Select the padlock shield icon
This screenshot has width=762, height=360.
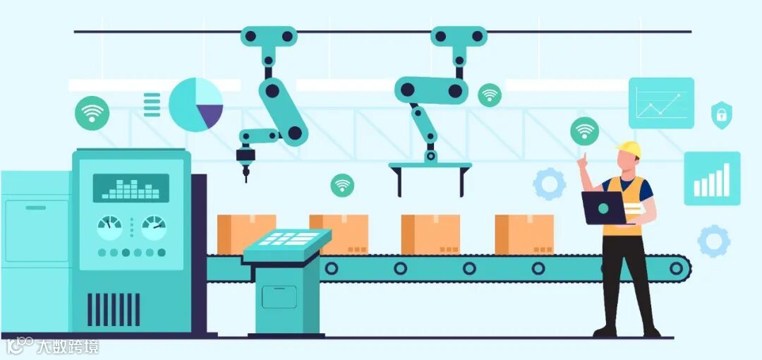pyautogui.click(x=721, y=114)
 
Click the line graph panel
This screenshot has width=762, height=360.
pyautogui.click(x=661, y=103)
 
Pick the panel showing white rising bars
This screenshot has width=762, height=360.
pyautogui.click(x=712, y=179)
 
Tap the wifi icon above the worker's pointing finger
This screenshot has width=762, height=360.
pyautogui.click(x=584, y=131)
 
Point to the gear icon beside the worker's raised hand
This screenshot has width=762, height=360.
pyautogui.click(x=549, y=184)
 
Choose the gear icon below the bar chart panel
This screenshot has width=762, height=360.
pyautogui.click(x=713, y=241)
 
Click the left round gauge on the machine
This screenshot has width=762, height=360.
pyautogui.click(x=109, y=227)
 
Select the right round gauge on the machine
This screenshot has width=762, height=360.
pyautogui.click(x=154, y=227)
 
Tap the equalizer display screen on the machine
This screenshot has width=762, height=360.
pyautogui.click(x=131, y=188)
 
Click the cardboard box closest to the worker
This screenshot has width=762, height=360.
pyautogui.click(x=524, y=234)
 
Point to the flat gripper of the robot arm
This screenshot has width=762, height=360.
pyautogui.click(x=430, y=169)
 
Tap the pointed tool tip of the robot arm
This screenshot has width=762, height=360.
pyautogui.click(x=246, y=174)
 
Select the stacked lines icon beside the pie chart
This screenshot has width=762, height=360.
pyautogui.click(x=152, y=104)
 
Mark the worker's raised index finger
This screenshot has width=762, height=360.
pyautogui.click(x=583, y=157)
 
